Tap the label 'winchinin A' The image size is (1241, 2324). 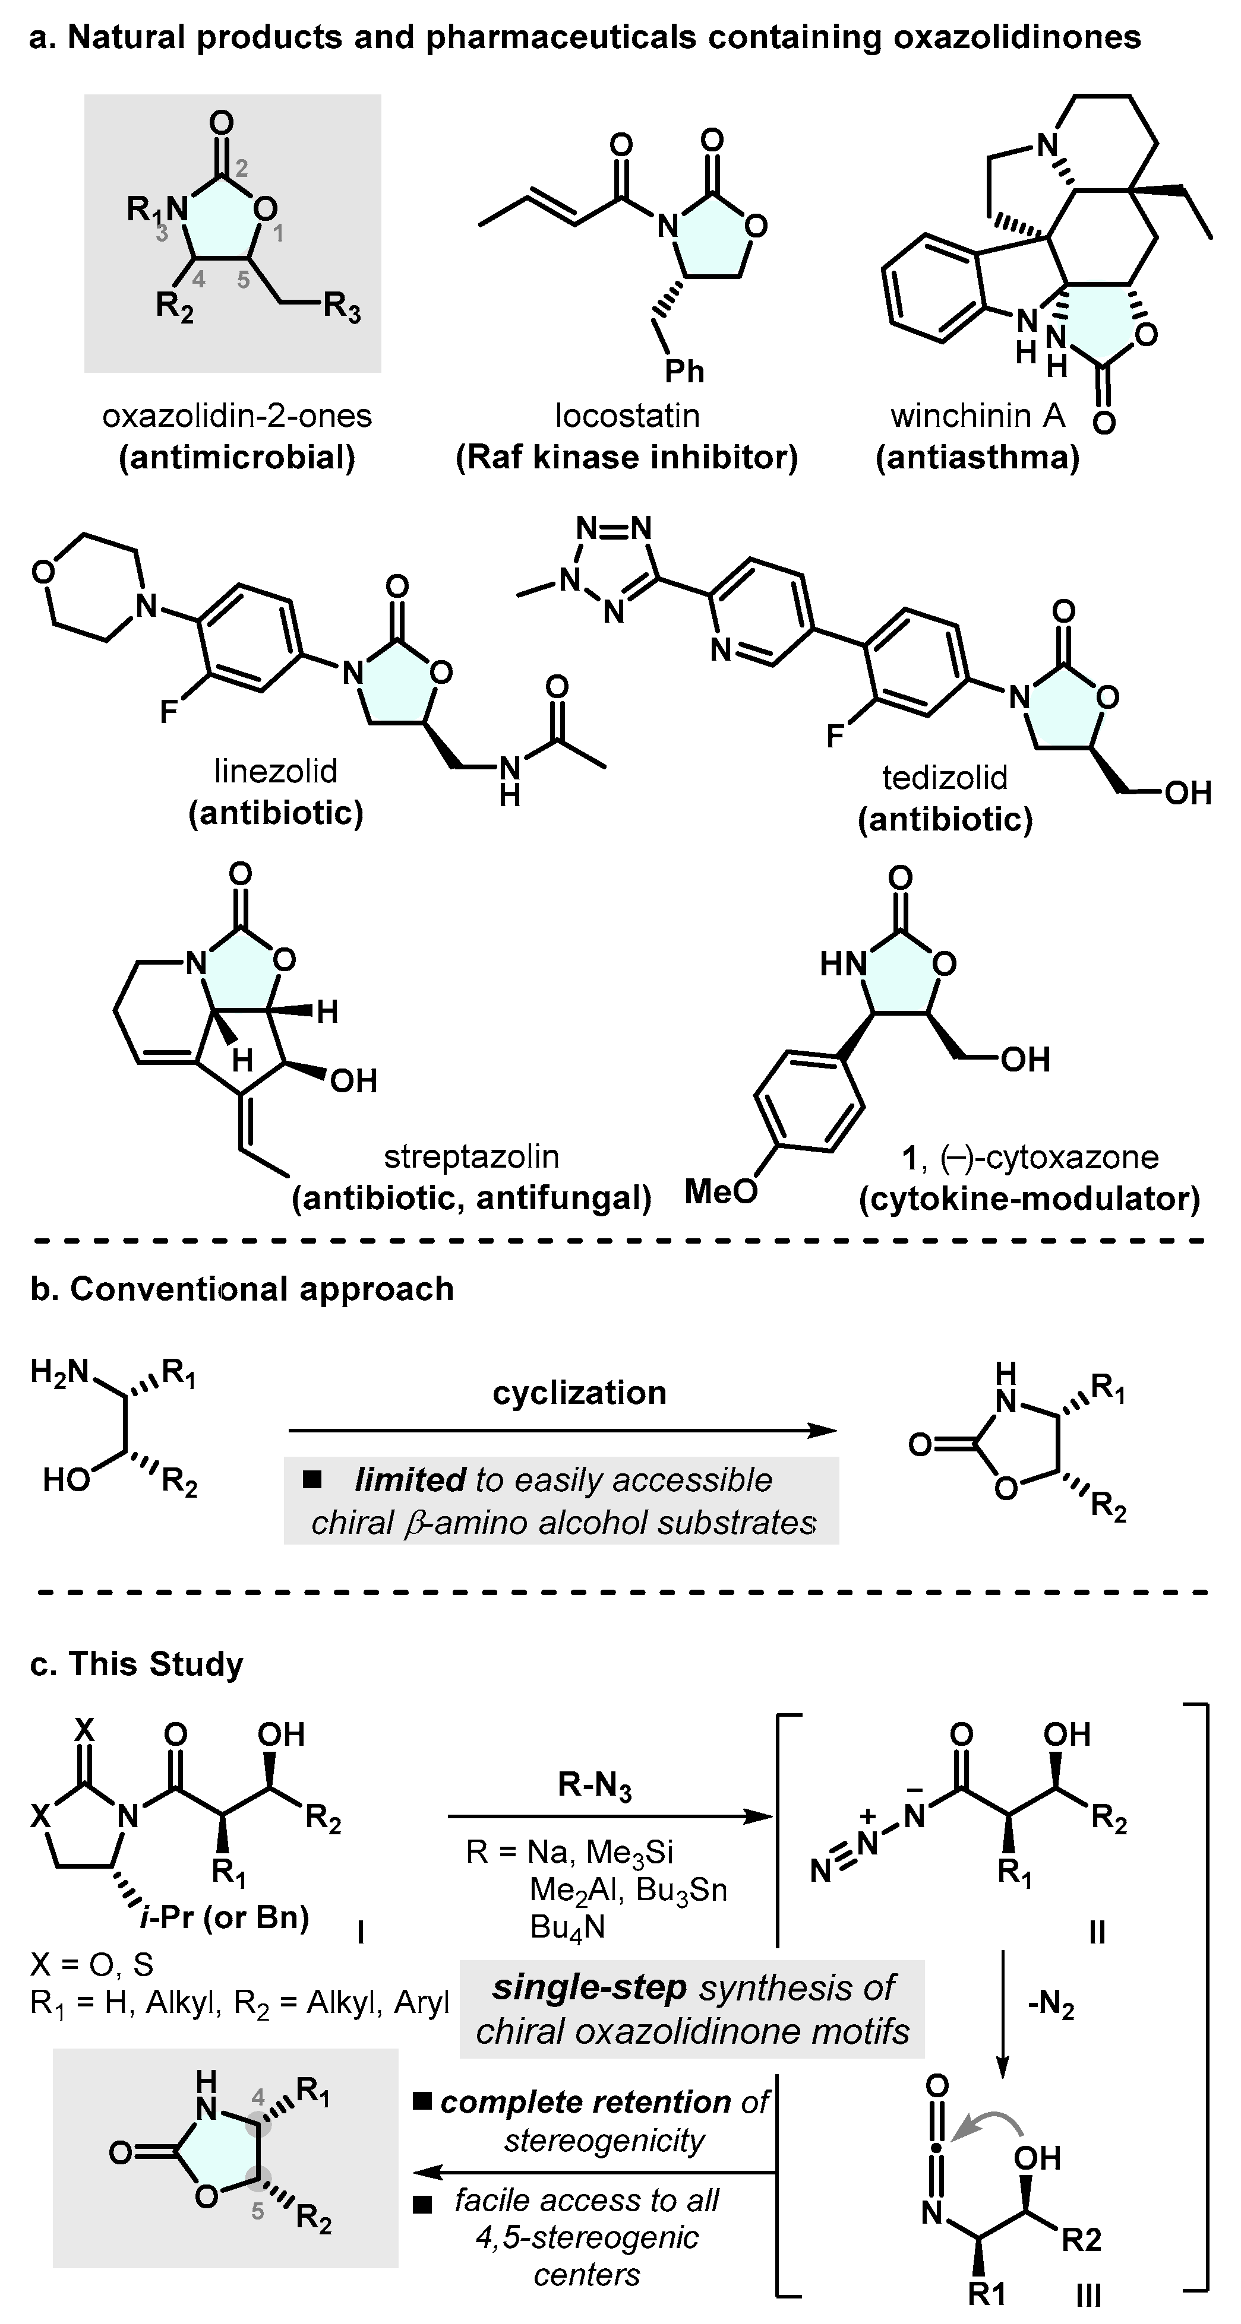[x=977, y=416]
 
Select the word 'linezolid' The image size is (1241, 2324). [x=276, y=771]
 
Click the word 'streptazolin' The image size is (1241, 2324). [x=471, y=1156]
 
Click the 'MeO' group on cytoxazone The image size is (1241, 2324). [x=720, y=1192]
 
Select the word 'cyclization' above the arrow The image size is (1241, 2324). [x=579, y=1393]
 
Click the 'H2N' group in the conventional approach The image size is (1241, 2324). [x=59, y=1372]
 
